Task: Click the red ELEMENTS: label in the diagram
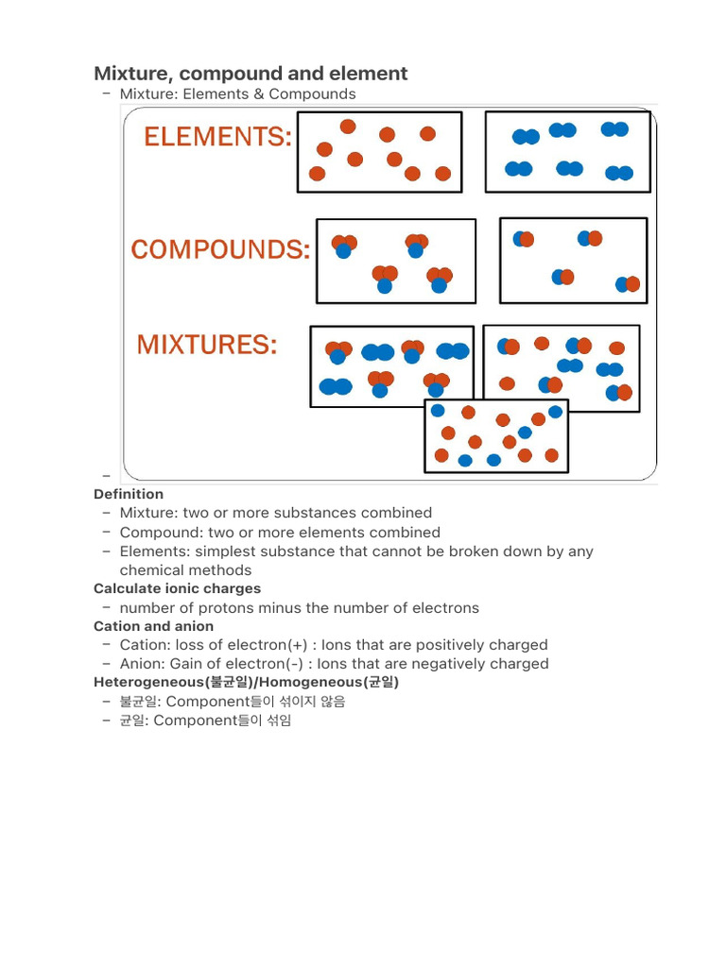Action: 217,138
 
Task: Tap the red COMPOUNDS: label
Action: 220,250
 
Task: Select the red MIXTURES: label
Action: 207,346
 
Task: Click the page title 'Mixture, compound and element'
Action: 251,74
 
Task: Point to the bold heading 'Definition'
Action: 129,494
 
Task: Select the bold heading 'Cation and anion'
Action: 153,626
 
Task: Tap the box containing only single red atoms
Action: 379,152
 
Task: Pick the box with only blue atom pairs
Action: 567,152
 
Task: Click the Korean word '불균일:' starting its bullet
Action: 140,702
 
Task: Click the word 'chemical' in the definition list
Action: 151,570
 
